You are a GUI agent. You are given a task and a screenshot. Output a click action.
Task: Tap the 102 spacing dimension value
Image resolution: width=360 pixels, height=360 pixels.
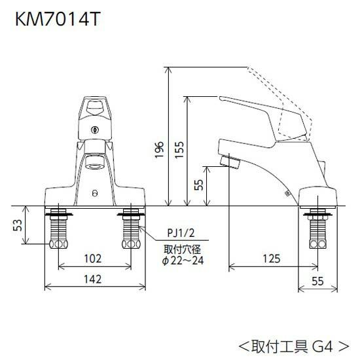point(94,259)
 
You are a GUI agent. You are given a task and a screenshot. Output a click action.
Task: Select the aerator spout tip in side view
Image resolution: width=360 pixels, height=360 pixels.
point(230,160)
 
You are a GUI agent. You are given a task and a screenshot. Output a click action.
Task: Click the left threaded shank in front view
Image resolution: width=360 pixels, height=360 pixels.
point(59,229)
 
